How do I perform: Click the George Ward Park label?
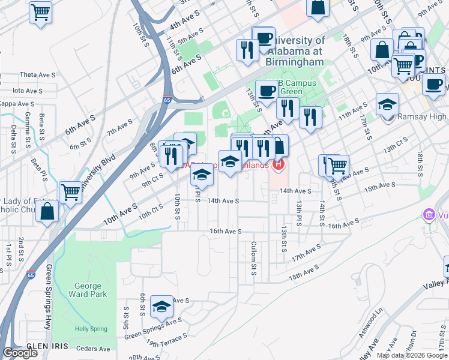[88, 290]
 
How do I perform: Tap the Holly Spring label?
[90, 329]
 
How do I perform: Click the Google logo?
[19, 353]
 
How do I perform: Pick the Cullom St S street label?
[254, 259]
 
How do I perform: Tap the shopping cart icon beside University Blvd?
[71, 192]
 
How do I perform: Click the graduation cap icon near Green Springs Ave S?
[161, 307]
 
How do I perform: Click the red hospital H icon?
[278, 164]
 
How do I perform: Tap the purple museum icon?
[429, 214]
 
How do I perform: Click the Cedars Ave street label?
[96, 349]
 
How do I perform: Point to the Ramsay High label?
[423, 117]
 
